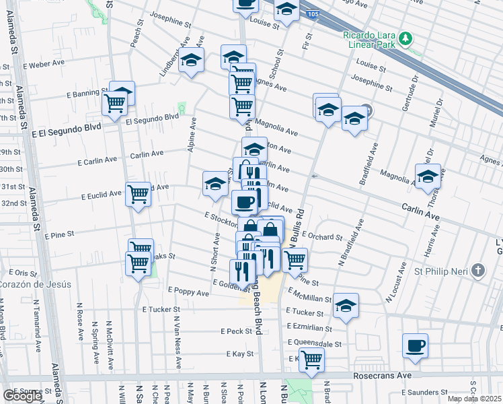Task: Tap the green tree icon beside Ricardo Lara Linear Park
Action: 405,38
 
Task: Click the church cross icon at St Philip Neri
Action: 477,271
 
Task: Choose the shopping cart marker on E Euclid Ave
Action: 139,195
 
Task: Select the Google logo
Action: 22,396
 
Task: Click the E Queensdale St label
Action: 315,343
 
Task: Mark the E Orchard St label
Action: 323,236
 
